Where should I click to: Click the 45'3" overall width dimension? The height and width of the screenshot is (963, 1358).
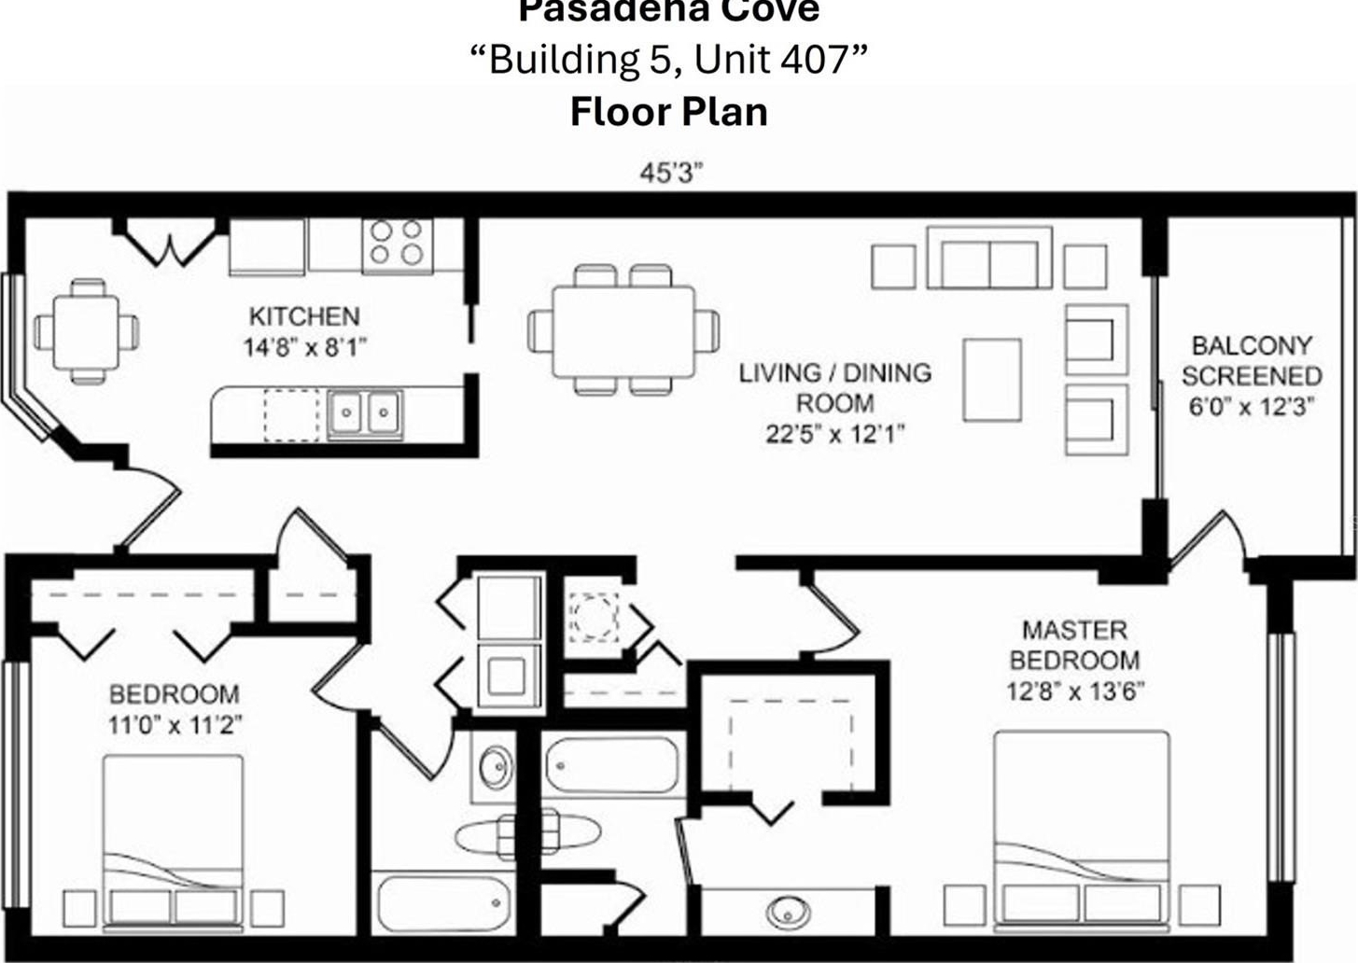pos(672,174)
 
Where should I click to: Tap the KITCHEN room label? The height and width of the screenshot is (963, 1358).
pos(304,316)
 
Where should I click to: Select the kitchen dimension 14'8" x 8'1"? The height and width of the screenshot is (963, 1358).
pos(305,348)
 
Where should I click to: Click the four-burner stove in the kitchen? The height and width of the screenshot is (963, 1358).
pos(398,246)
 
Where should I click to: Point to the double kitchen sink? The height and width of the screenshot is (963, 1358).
pos(365,412)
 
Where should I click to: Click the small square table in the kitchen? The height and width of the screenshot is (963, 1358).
pos(86,331)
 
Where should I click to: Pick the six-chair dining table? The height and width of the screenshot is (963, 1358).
pos(623,330)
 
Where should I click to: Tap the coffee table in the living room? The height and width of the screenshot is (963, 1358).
pos(992,380)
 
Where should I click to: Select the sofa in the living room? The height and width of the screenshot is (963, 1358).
pos(989,258)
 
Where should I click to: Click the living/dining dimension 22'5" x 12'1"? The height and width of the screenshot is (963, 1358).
pos(834,434)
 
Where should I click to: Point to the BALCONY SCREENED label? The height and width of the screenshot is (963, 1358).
pos(1252,360)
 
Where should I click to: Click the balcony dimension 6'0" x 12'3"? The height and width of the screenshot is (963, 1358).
pos(1252,406)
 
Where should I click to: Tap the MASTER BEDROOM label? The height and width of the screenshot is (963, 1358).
pos(1075,646)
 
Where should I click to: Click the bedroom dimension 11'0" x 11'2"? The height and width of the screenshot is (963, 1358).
pos(175,725)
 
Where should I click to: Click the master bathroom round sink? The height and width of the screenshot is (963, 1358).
pos(788,913)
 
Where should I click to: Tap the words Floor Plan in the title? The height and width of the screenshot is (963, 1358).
pos(669,112)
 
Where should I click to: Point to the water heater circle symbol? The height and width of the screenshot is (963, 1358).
pos(594,617)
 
